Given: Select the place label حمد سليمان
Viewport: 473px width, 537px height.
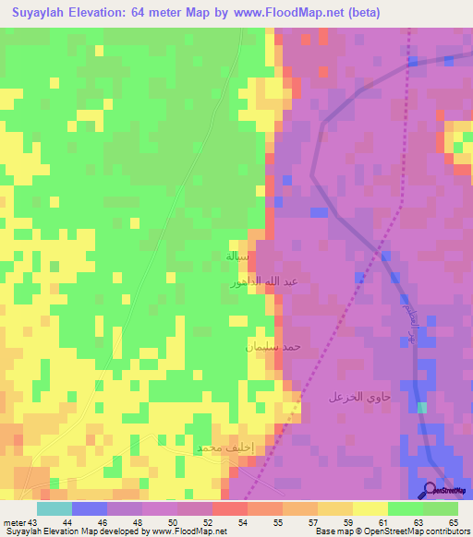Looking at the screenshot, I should pos(274,346).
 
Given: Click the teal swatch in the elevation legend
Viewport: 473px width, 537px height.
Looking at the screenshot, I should pos(55,508).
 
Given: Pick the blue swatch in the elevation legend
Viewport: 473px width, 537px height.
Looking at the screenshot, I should pos(90,508).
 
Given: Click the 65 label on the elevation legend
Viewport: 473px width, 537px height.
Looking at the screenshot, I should pos(453,522).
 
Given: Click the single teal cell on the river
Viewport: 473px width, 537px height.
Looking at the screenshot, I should pos(422,407).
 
